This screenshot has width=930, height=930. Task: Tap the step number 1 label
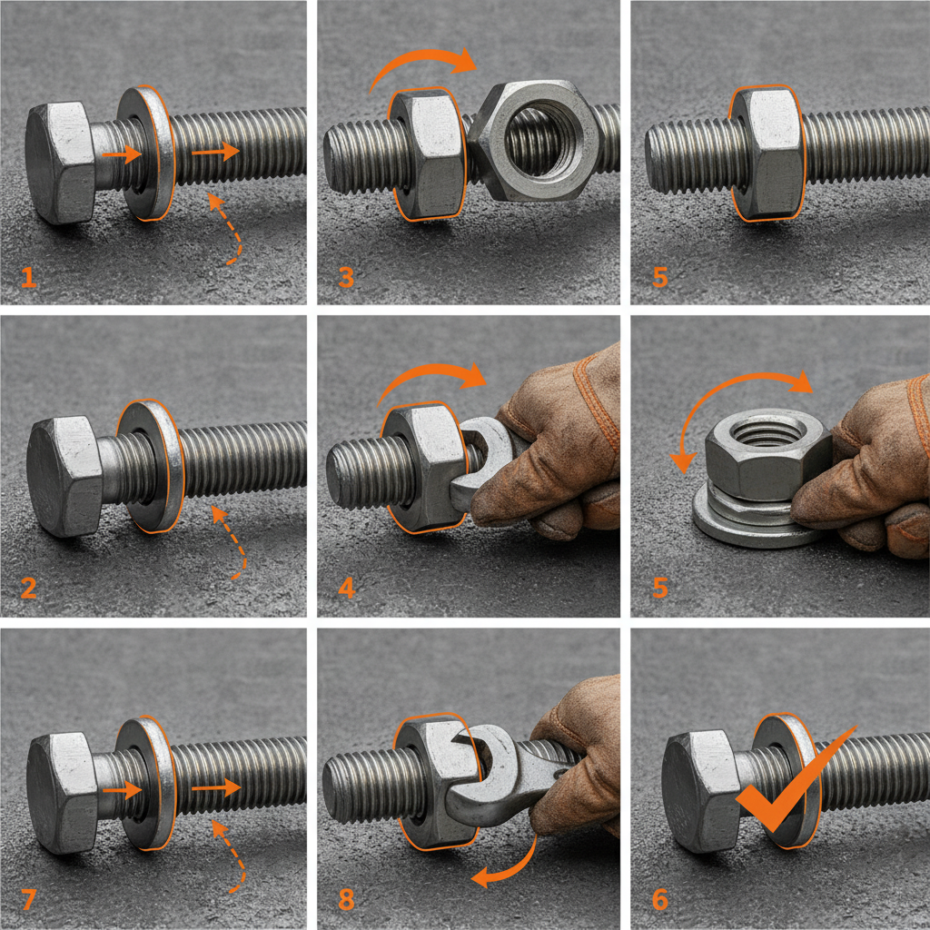tap(29, 277)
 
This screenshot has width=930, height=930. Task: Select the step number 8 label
tap(346, 899)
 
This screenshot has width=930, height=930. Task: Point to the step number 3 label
tap(346, 277)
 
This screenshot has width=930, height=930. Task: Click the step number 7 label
tap(29, 899)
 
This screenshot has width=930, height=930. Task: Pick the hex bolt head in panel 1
tap(60, 163)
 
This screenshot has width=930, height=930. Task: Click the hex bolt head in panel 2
tap(64, 477)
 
